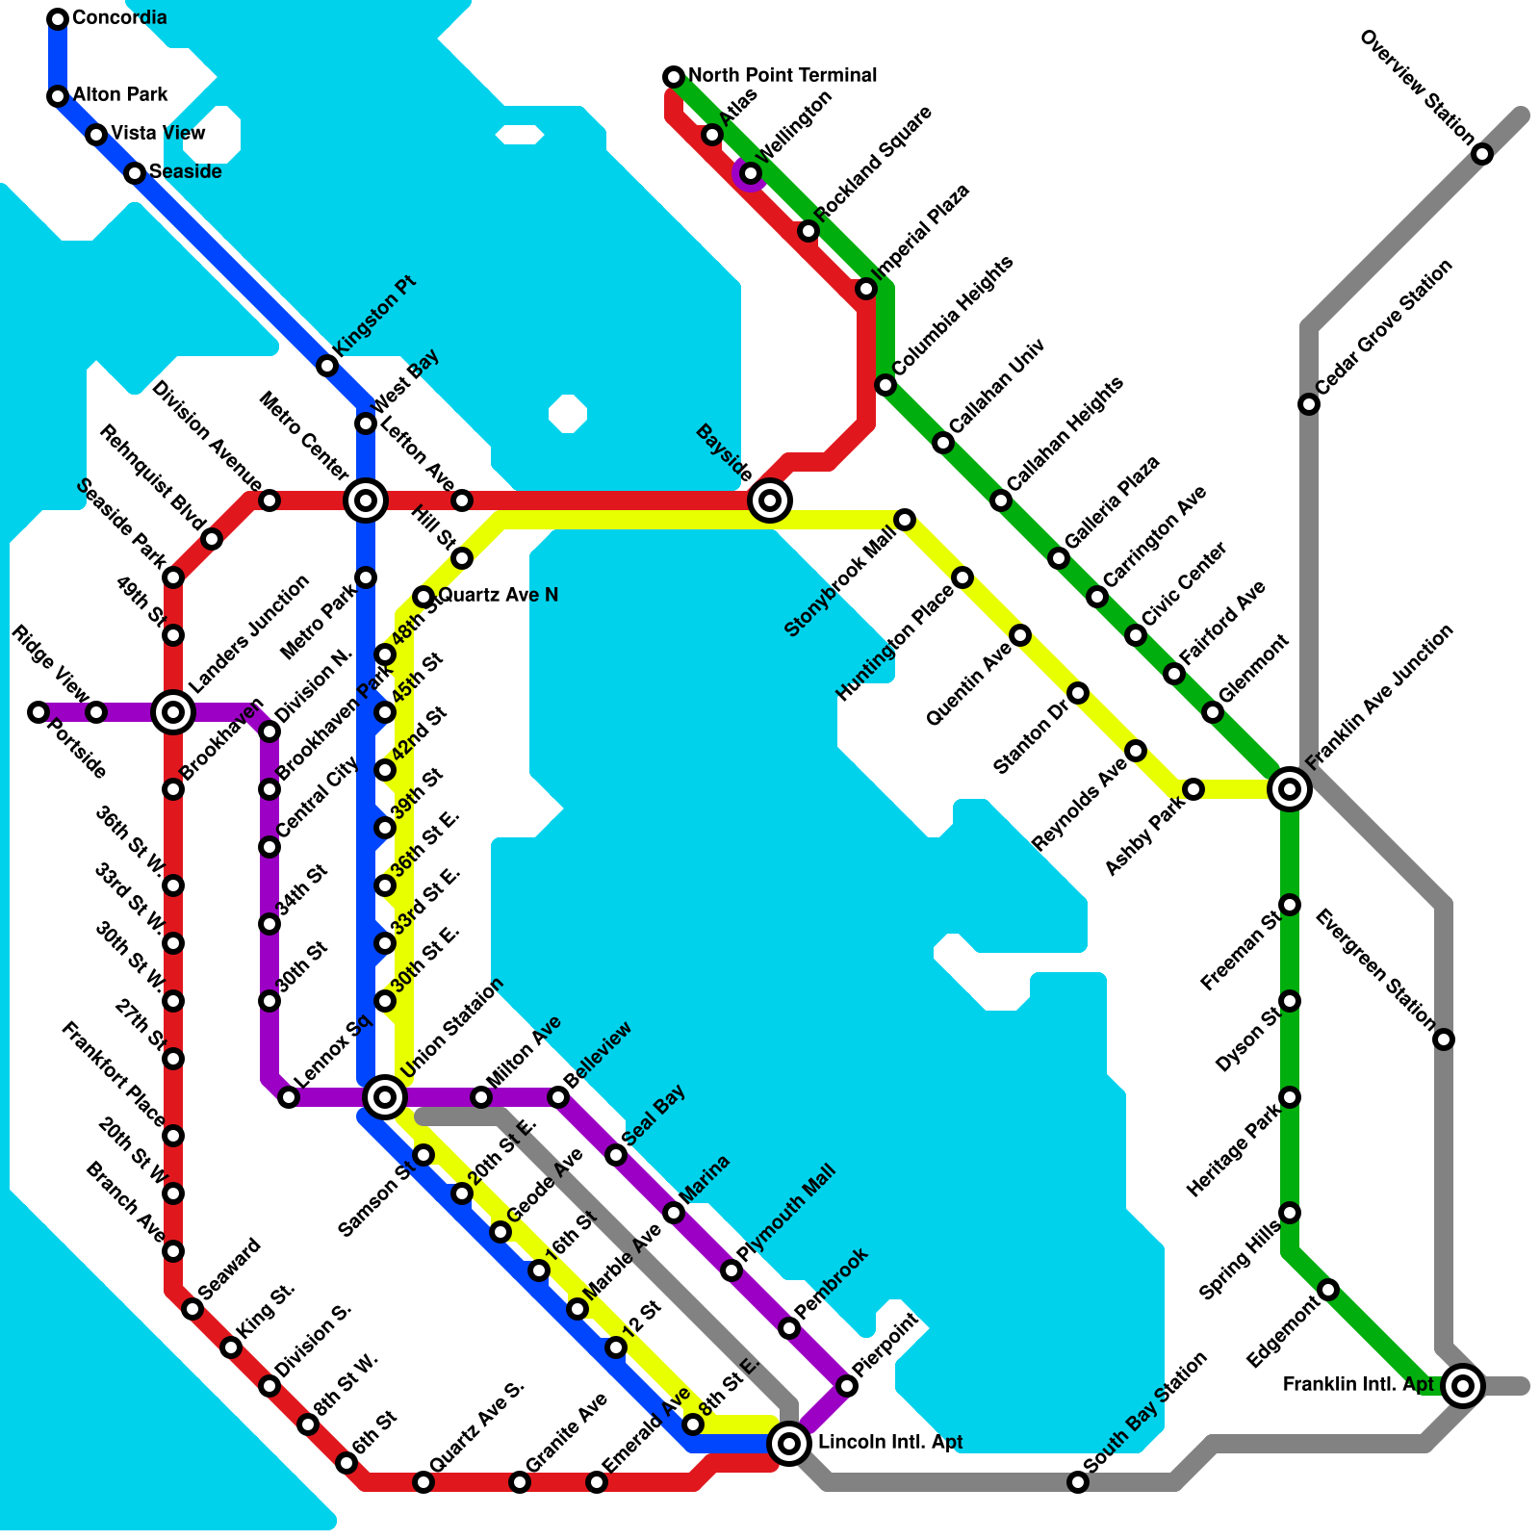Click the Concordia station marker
coord(58,18)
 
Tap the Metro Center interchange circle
coord(366,500)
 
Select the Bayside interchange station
coord(770,500)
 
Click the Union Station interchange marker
coord(385,1096)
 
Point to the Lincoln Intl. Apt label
coord(889,1442)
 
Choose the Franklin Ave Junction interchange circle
coord(1290,789)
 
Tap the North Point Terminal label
coord(783,75)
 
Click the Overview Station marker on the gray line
coord(1482,154)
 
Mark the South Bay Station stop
coord(1078,1482)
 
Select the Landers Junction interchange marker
coord(173,712)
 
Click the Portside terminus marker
coord(38,712)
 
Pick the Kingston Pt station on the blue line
coord(327,366)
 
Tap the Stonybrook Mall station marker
coord(905,520)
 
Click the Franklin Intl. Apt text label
coord(1358,1384)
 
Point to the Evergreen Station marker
coord(1444,1039)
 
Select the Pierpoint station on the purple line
coord(847,1386)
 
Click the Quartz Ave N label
coord(499,595)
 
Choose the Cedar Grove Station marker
coord(1309,404)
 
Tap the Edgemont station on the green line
coord(1328,1290)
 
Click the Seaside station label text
coord(185,171)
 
